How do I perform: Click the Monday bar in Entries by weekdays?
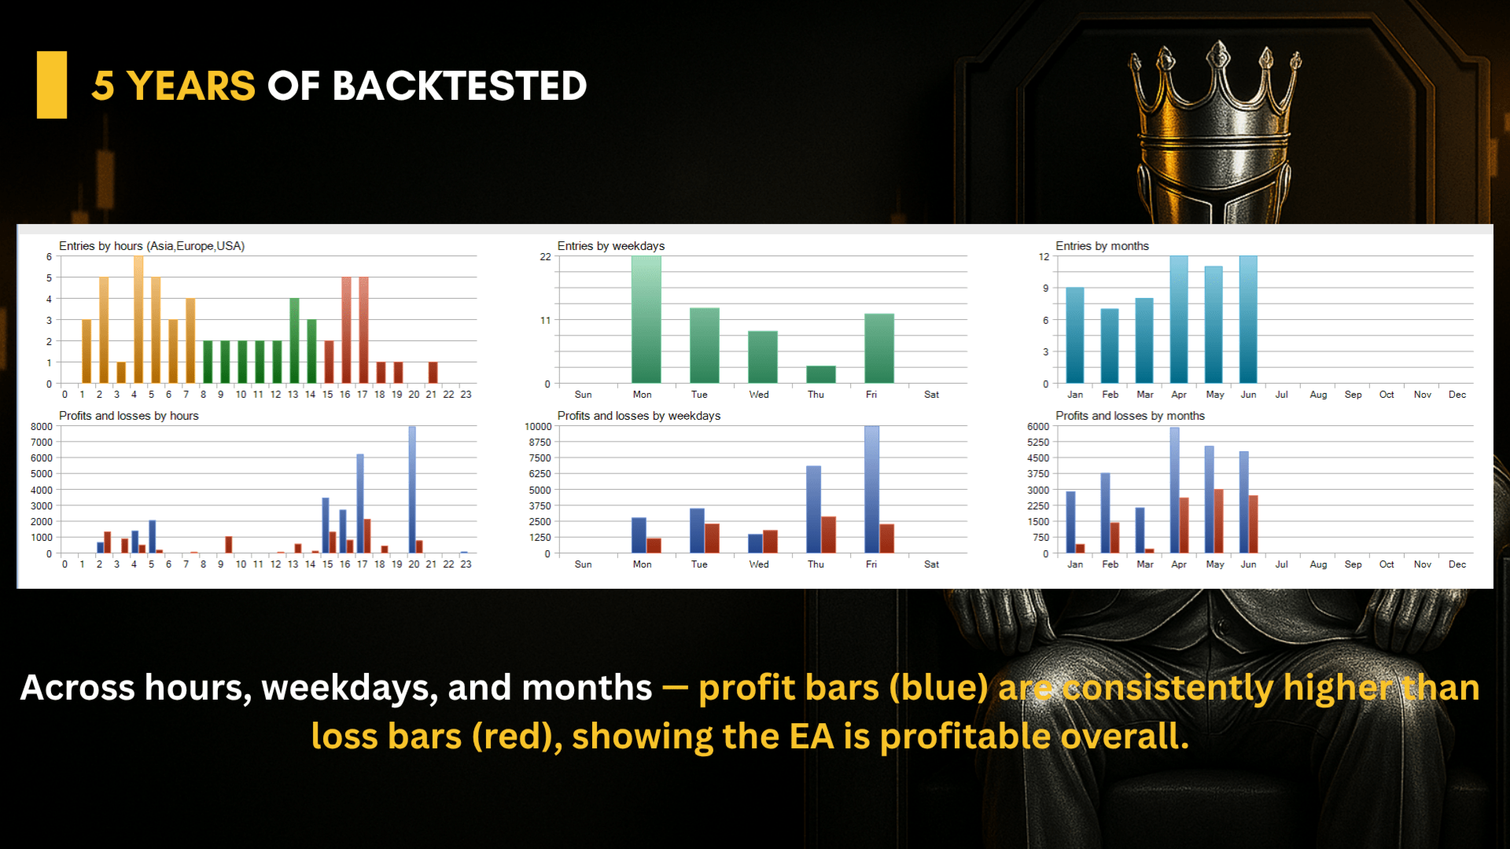pos(646,319)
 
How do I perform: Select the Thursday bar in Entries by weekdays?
pos(820,374)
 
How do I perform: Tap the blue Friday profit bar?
pos(871,489)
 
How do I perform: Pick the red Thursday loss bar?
pos(828,535)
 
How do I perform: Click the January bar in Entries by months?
pos(1075,335)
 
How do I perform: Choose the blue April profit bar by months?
pos(1175,490)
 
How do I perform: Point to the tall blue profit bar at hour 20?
pos(412,490)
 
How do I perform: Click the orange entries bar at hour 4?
pos(138,319)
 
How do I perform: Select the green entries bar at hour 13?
pos(294,340)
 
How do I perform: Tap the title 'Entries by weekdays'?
pos(611,246)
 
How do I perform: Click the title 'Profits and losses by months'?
pos(1130,416)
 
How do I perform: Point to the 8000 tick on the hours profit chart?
pos(42,427)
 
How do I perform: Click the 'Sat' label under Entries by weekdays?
pos(931,395)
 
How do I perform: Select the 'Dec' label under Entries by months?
pos(1457,395)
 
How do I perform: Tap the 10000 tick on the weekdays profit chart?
pos(538,427)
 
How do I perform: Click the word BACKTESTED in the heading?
pos(460,86)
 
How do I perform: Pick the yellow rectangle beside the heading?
pos(52,85)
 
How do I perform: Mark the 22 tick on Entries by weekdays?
pos(545,257)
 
